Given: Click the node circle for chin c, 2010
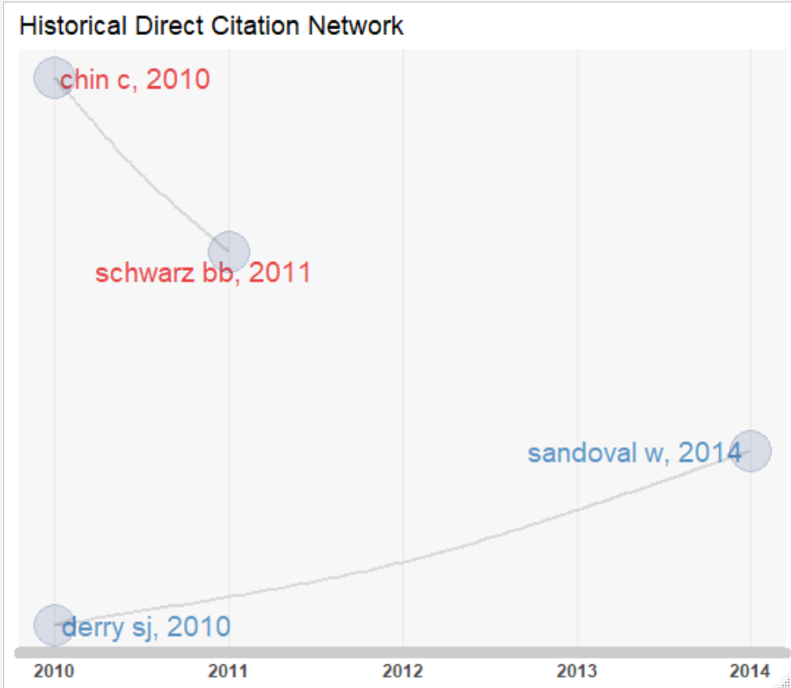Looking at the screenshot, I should [54, 78].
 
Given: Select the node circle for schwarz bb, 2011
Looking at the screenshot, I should [229, 251].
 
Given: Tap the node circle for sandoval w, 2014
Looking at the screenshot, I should [749, 451].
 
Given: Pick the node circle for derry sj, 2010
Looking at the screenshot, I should [54, 625].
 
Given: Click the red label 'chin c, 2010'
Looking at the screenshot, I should [135, 80].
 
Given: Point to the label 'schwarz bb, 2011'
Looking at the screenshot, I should [203, 272].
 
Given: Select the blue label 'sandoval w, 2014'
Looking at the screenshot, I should [634, 453].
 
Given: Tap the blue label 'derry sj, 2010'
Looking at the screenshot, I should [146, 627].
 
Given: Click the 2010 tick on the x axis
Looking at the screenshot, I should [55, 672].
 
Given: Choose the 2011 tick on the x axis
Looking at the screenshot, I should [229, 672].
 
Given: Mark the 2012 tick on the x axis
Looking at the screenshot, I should [403, 672].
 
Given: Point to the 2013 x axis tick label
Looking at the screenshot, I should [576, 672].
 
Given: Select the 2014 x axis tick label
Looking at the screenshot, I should [749, 672].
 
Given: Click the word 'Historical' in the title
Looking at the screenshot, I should [72, 26].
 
